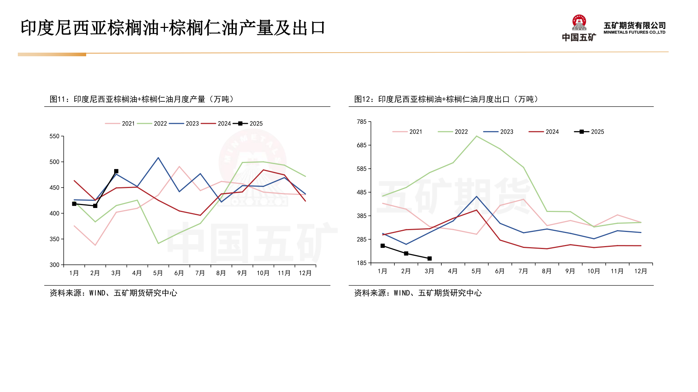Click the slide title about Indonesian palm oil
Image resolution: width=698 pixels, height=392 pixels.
(173, 28)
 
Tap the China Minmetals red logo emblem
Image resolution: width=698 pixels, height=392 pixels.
(579, 23)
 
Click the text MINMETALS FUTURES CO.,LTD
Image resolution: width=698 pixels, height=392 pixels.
(634, 32)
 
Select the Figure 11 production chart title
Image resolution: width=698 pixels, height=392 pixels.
(142, 99)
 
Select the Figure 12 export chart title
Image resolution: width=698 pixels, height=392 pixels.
(446, 99)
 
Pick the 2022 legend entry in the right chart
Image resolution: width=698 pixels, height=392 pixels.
(453, 132)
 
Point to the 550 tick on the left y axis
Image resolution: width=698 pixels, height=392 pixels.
(55, 136)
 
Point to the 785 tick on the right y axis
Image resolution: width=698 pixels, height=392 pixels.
(362, 122)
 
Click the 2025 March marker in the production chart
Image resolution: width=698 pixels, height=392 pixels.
(116, 171)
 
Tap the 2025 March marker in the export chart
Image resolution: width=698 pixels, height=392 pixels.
(429, 258)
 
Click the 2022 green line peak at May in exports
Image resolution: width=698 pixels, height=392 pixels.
(476, 136)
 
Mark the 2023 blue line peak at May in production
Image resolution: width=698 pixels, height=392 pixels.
(158, 158)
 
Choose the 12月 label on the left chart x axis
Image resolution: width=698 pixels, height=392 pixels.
(305, 273)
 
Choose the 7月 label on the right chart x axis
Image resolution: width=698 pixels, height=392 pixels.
(523, 271)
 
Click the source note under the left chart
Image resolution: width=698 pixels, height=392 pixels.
(113, 293)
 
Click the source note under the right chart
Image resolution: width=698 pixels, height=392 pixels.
(418, 293)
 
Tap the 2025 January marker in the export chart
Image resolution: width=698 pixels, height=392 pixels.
(382, 246)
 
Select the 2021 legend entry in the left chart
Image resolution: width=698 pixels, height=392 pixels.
(120, 123)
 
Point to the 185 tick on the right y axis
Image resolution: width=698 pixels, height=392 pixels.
(362, 263)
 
